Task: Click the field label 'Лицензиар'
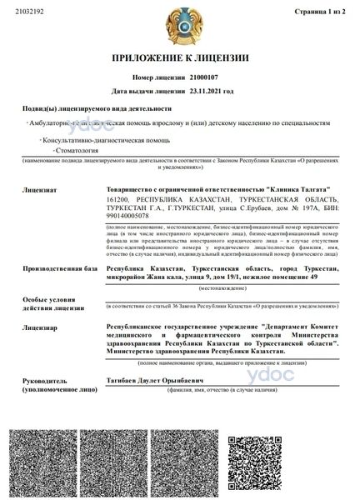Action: pyautogui.click(x=42, y=328)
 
